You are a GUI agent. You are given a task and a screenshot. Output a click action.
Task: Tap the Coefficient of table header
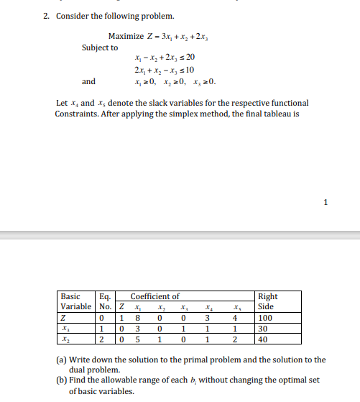click(154, 296)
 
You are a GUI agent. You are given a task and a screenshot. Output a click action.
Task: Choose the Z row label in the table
click(65, 316)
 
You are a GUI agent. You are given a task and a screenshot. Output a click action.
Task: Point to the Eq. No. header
click(105, 301)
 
